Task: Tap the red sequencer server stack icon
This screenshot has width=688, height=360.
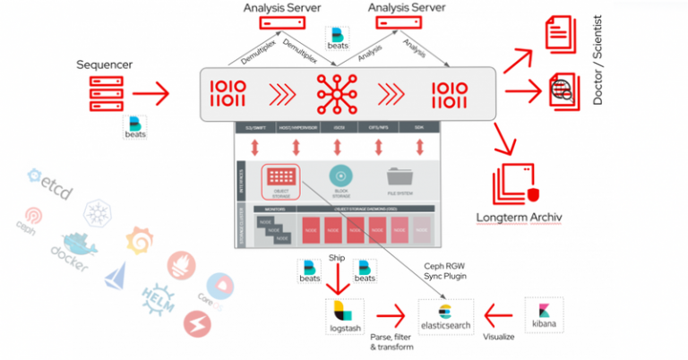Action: point(106,92)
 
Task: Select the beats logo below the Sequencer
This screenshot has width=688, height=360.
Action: point(135,127)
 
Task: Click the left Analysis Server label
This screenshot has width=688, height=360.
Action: point(278,8)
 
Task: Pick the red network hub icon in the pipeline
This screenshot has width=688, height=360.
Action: point(338,92)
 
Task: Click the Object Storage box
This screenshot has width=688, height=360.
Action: point(279,180)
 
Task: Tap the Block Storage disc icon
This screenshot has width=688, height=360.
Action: point(340,178)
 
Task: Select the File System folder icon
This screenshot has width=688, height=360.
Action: point(400,178)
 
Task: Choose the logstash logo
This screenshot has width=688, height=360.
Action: point(345,317)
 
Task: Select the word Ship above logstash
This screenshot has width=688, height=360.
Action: point(337,259)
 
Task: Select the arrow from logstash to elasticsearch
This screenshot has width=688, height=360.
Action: point(391,316)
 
